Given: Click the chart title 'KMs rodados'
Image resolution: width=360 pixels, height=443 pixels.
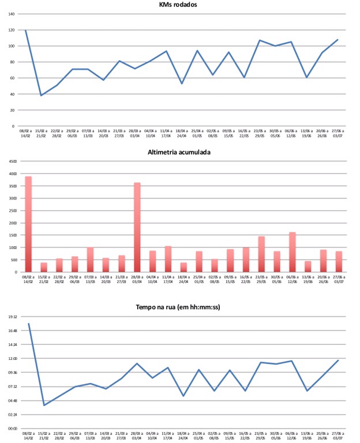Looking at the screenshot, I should (179, 5).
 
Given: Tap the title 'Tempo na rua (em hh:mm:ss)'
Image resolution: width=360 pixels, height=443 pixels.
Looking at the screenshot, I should (180, 307).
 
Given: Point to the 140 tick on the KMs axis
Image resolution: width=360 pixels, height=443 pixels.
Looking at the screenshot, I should (12, 14).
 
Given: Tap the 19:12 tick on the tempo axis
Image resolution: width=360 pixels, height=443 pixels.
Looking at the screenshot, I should (12, 317).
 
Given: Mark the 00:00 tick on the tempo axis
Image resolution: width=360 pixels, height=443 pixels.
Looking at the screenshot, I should (12, 428).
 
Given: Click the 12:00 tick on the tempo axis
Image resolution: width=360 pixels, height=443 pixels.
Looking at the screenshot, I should (12, 358).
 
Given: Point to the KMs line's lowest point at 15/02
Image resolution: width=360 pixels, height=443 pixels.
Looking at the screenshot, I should (41, 95).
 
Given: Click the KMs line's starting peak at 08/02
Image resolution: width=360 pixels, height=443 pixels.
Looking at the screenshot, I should (26, 30).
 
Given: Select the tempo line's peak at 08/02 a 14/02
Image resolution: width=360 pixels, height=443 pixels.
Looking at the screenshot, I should (28, 324).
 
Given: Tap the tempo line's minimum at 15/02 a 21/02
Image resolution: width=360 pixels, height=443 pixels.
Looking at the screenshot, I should (44, 406).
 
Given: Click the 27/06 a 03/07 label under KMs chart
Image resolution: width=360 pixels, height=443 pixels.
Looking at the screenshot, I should (338, 134).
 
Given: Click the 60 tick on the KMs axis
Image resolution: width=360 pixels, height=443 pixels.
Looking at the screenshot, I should (12, 78).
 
